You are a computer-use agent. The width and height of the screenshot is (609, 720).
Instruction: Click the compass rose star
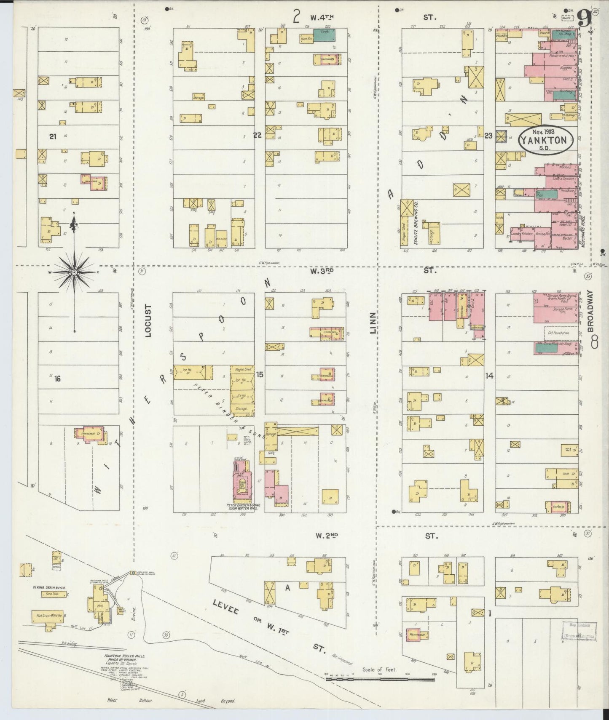click(x=74, y=272)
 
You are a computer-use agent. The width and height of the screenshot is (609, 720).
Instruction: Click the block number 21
click(x=52, y=136)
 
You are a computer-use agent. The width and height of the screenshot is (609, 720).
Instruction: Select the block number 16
click(x=57, y=379)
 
